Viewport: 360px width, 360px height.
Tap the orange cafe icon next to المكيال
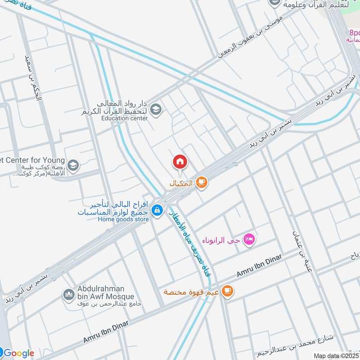(x=201, y=183)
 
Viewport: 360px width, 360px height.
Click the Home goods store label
(x=124, y=220)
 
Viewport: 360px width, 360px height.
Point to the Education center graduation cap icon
(x=156, y=109)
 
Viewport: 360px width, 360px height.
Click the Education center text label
(x=124, y=118)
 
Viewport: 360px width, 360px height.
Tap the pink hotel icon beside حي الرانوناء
(x=249, y=239)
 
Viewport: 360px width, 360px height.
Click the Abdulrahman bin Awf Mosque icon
(x=68, y=295)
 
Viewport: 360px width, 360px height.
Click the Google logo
(x=18, y=353)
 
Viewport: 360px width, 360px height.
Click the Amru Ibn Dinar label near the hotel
(x=259, y=265)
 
